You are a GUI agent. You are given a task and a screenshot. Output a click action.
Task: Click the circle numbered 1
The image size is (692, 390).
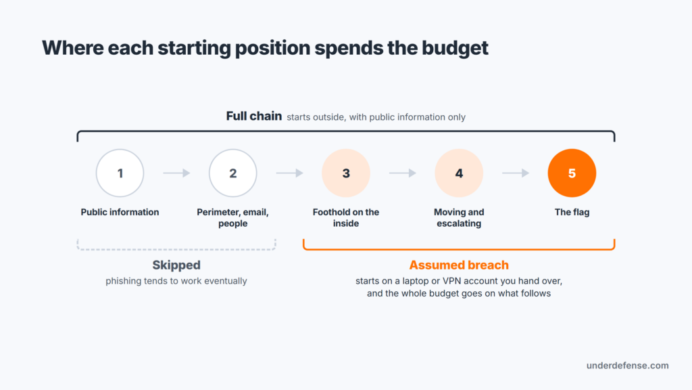click(120, 173)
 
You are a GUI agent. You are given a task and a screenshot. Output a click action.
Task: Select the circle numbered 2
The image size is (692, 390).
click(233, 173)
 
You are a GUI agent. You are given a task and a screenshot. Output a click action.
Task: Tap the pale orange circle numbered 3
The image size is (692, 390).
click(346, 173)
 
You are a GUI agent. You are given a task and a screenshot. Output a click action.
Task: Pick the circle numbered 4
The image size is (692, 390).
click(459, 173)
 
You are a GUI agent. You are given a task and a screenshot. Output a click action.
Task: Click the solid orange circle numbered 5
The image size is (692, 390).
click(572, 173)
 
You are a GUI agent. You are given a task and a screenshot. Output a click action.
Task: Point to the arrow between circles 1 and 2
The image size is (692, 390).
click(176, 173)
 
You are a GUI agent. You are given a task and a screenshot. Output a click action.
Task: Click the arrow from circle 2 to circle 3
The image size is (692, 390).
click(289, 173)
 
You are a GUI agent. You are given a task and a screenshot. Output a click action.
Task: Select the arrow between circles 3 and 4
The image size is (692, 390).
click(403, 173)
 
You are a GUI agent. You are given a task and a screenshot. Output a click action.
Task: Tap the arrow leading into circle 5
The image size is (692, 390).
click(516, 173)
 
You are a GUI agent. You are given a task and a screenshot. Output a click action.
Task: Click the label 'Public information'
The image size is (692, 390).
click(120, 212)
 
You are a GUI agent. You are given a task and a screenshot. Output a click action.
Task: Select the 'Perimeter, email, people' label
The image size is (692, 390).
click(233, 217)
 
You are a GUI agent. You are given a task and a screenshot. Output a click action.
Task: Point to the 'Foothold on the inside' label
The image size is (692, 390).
click(346, 217)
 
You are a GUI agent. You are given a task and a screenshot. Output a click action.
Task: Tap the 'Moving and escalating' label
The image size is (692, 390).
click(459, 217)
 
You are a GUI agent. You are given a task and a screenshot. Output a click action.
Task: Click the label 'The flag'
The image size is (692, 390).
click(572, 212)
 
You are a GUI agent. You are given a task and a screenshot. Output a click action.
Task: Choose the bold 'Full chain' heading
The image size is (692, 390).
click(254, 116)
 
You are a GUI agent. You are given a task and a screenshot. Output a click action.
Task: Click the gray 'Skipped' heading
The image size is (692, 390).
click(176, 265)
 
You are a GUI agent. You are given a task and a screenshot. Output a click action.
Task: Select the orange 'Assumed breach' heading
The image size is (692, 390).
click(459, 265)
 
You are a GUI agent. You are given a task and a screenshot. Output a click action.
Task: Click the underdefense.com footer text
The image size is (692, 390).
click(628, 366)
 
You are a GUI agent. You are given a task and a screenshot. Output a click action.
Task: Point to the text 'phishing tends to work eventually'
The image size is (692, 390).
click(176, 281)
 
